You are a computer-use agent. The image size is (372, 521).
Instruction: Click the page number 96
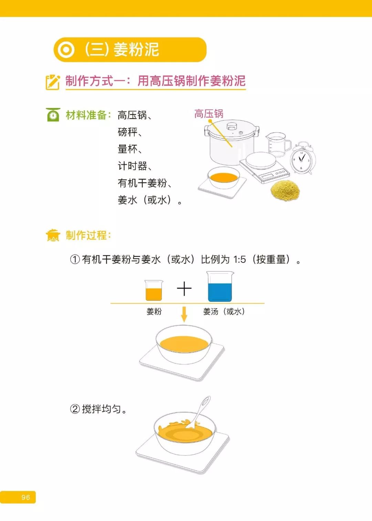tap(25, 497)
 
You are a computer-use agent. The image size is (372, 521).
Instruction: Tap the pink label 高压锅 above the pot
tap(209, 113)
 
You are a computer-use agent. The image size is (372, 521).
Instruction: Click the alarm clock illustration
tap(302, 159)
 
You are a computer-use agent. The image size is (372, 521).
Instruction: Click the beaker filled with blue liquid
tap(220, 287)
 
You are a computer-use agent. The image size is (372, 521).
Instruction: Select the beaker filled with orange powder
tap(154, 291)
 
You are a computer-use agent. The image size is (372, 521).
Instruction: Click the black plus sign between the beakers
tap(184, 289)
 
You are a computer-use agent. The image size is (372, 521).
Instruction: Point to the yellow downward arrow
tap(184, 314)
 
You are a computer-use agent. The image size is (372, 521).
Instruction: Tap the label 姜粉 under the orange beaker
tap(154, 312)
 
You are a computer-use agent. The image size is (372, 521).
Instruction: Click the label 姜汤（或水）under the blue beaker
tap(224, 312)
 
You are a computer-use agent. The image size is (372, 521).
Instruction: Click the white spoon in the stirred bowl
tap(199, 413)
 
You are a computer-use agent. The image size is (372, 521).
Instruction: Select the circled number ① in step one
tap(75, 259)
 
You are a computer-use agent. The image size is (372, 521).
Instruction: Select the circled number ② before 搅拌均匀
tap(75, 409)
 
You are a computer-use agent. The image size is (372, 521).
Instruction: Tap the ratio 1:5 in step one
tap(239, 259)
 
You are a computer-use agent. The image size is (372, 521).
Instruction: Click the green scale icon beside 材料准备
tap(53, 115)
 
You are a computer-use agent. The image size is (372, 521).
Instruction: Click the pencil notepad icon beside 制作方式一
tap(53, 82)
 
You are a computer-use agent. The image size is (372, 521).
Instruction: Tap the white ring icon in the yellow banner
tap(66, 50)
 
